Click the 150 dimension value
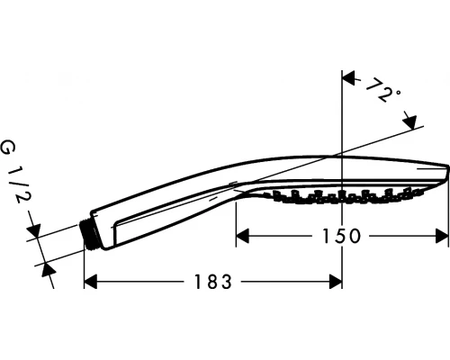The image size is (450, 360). point(340,236)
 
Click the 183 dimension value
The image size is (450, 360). point(213,282)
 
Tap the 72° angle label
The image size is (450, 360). point(382,90)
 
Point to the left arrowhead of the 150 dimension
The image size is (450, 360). point(242,236)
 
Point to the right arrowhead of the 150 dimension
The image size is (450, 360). point(442,236)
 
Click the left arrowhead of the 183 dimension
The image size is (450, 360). point(90,282)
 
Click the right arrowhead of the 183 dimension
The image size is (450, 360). point(336,282)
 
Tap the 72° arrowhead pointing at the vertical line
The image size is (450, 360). point(348,78)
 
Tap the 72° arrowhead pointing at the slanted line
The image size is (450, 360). point(409,121)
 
